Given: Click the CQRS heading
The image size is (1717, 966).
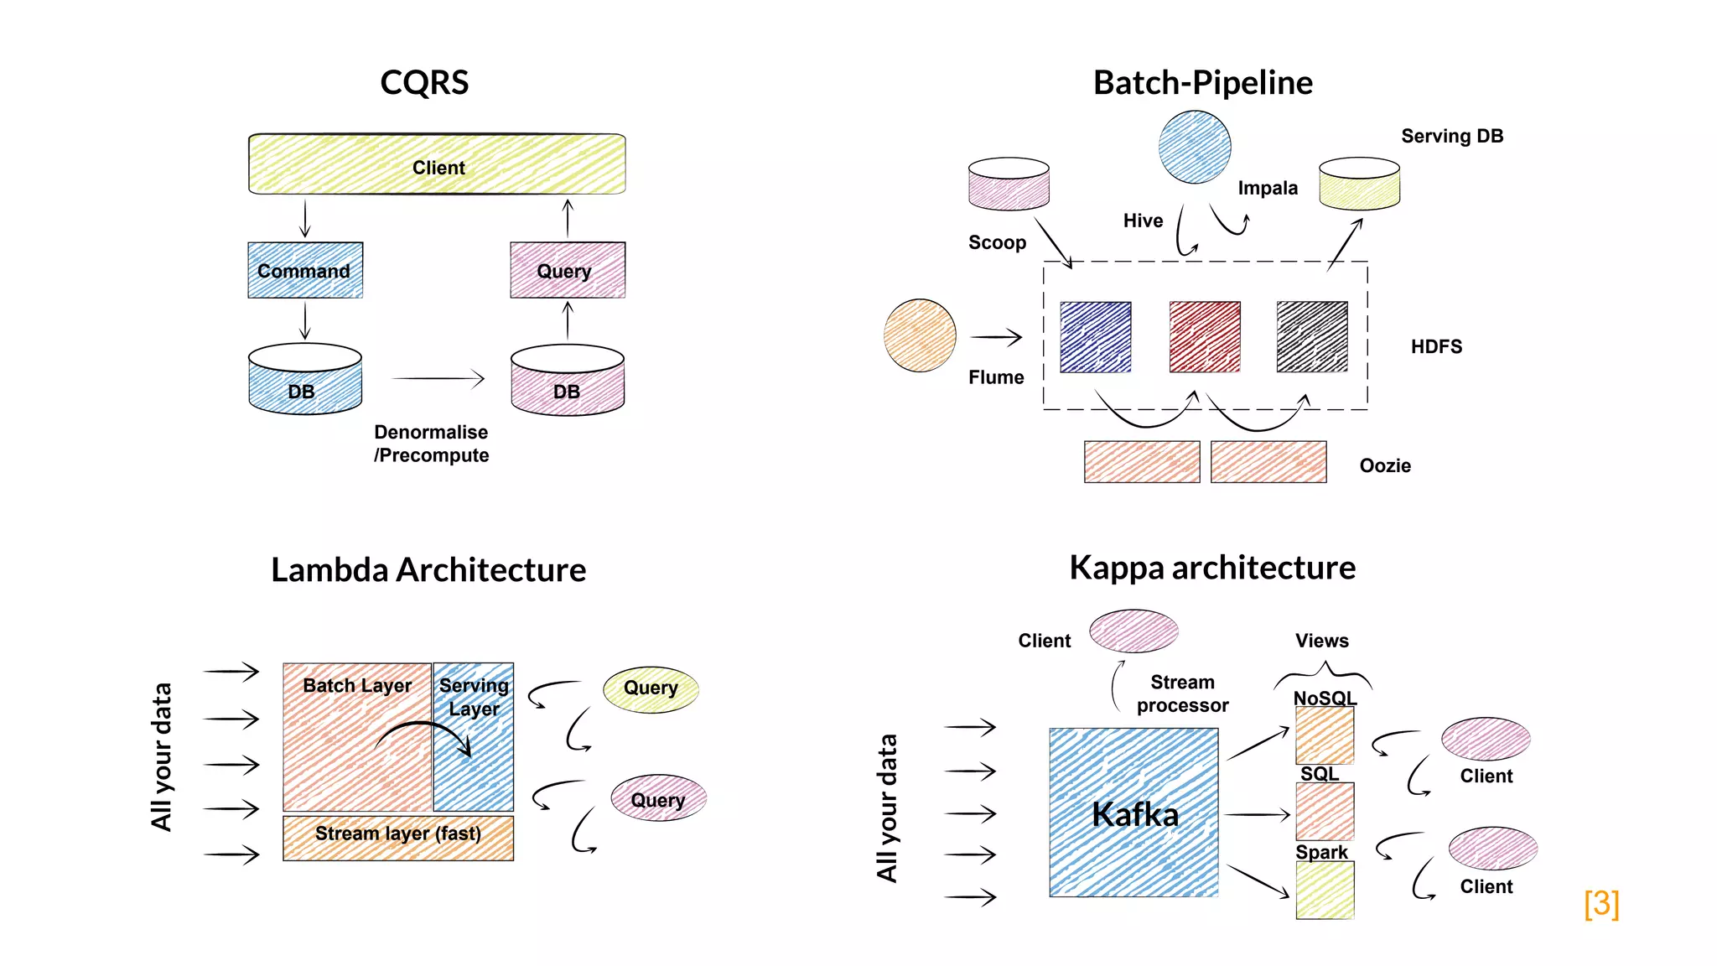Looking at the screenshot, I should [424, 82].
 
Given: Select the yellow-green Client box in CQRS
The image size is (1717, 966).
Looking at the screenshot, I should [437, 164].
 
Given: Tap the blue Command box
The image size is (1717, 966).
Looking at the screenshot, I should [305, 270].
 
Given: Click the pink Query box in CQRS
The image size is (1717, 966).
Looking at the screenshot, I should [568, 270].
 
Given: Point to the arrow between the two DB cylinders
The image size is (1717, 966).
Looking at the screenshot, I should [438, 379].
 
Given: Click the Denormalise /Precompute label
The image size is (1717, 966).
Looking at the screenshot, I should [431, 444].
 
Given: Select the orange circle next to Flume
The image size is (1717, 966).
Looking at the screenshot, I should [920, 335].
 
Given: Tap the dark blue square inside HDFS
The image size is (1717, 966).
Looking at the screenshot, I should [1095, 337].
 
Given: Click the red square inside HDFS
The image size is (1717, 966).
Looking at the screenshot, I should [1205, 337].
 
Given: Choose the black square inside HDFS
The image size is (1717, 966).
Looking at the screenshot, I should [1312, 337].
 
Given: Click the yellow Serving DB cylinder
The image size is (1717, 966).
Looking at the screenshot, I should [1359, 184].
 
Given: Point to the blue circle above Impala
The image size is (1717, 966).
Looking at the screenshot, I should [1195, 147].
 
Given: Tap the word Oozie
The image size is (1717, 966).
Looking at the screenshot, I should [1385, 465].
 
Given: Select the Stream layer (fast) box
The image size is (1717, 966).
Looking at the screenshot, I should [398, 838].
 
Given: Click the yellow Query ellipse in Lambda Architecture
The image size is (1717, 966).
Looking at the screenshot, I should [651, 689].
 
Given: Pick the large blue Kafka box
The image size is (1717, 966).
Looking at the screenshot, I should [1133, 812].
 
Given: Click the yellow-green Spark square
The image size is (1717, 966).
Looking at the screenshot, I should [1325, 891].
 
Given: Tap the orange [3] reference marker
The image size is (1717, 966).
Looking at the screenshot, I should [1601, 903].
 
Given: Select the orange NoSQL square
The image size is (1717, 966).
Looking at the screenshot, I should [1325, 735].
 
